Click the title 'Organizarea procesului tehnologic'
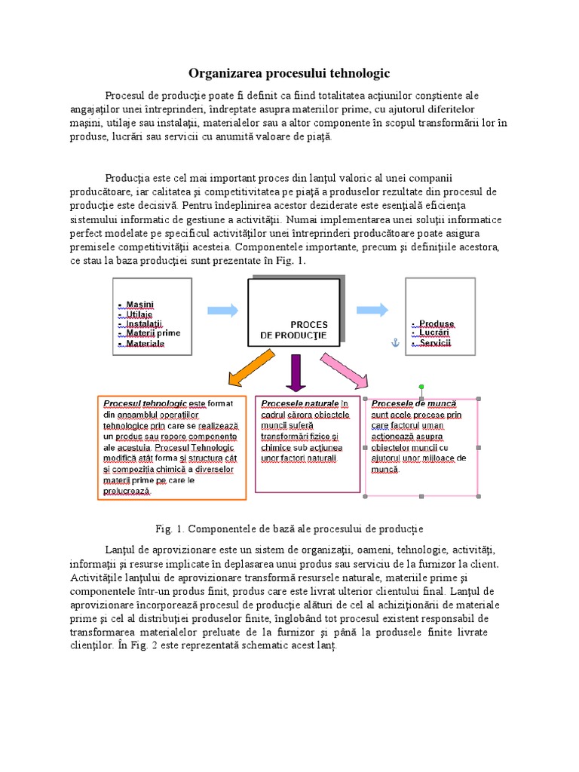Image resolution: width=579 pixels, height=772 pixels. (x=289, y=73)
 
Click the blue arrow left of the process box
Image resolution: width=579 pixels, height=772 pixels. (x=222, y=310)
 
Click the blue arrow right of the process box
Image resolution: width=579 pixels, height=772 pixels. (x=372, y=310)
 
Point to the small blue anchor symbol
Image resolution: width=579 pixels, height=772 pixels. (x=392, y=343)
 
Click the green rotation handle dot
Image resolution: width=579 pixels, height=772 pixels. (x=421, y=388)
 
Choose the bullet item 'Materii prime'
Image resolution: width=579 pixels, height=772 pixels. (x=153, y=332)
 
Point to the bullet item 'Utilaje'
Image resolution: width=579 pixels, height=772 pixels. (x=140, y=314)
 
